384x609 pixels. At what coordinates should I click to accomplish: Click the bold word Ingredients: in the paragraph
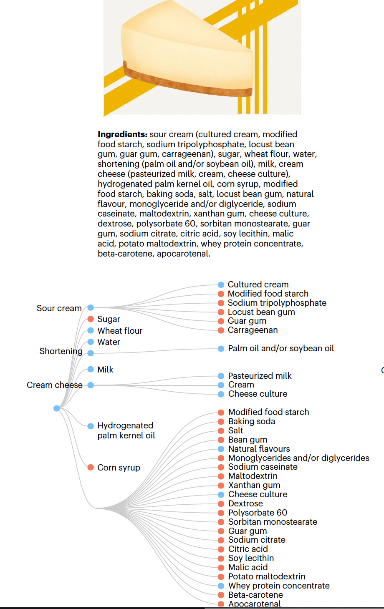point(122,134)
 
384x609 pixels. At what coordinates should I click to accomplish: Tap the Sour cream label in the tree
point(59,308)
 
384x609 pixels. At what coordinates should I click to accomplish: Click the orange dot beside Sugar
point(91,319)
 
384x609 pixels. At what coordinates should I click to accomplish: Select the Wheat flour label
point(120,331)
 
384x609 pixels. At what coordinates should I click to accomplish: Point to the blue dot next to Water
point(91,342)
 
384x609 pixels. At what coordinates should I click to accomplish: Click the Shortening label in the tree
point(61,351)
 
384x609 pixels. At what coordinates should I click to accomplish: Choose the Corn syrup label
point(119,468)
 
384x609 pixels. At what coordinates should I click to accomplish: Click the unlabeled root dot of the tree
point(57,408)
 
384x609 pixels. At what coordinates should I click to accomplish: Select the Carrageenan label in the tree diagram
point(253,330)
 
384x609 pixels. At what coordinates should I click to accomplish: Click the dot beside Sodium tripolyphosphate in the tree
point(221,303)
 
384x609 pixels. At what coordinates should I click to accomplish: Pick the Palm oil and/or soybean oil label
point(281,348)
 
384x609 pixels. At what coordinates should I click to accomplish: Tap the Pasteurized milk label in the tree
point(260,376)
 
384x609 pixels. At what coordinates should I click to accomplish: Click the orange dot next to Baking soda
point(221,422)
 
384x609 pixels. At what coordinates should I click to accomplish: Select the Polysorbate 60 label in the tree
point(258,513)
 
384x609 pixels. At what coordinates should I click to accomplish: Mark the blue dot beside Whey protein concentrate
point(221,586)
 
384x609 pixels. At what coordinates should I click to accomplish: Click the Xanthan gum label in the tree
point(254,485)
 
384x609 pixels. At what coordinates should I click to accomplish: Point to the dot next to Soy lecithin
point(221,559)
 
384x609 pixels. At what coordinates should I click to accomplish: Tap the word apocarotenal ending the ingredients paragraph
point(183,254)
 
